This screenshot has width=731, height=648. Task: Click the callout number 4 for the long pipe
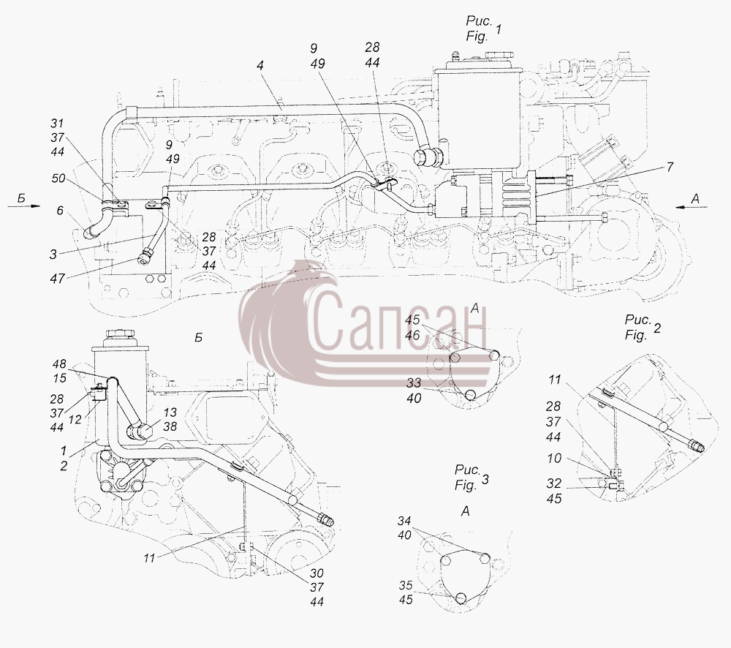[260, 65]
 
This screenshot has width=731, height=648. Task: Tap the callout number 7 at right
[670, 167]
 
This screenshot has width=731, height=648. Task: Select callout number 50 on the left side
[58, 178]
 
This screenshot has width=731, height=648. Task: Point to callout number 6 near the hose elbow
[60, 211]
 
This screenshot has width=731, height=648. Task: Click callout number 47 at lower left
[57, 279]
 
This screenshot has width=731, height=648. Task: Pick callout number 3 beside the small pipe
[53, 254]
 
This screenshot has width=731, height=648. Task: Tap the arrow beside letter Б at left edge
[24, 206]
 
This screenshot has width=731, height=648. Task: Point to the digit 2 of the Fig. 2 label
[656, 328]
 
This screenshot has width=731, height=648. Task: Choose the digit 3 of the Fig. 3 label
[485, 478]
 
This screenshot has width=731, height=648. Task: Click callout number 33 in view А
[414, 383]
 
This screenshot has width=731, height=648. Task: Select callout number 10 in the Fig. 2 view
[554, 459]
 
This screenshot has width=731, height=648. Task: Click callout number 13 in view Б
[170, 412]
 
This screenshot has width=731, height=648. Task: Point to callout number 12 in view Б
[75, 420]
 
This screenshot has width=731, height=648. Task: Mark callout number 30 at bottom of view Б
[317, 573]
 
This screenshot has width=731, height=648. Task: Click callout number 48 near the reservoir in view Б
[59, 364]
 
